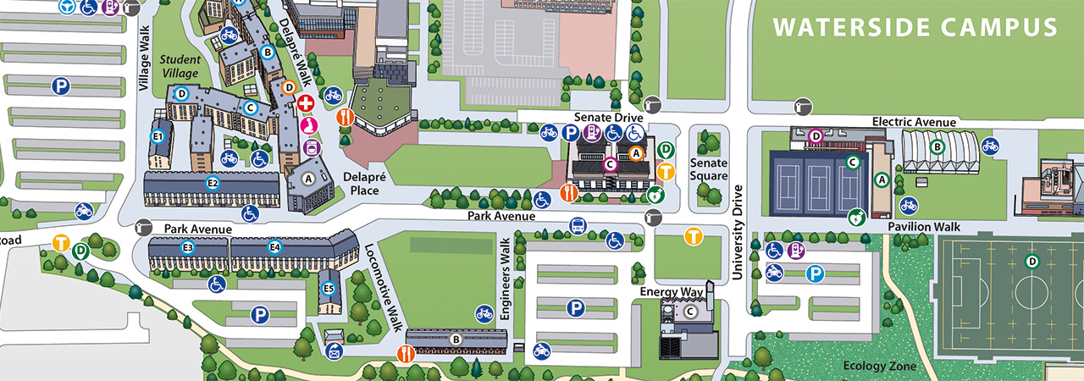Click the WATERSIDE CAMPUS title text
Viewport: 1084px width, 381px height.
[915, 27]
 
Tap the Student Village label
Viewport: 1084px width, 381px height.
[180, 66]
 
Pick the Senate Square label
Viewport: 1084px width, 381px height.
[709, 168]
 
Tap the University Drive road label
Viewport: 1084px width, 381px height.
[737, 232]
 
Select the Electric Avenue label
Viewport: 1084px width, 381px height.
[914, 122]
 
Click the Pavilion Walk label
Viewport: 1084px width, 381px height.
[923, 227]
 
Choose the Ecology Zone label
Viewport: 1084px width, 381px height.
[880, 366]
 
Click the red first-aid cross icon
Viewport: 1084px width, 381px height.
[307, 102]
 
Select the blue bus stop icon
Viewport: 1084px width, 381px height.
[578, 226]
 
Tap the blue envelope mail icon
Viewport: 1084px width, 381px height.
[334, 352]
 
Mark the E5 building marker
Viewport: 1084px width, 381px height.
[329, 289]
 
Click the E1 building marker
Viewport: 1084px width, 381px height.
[158, 135]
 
